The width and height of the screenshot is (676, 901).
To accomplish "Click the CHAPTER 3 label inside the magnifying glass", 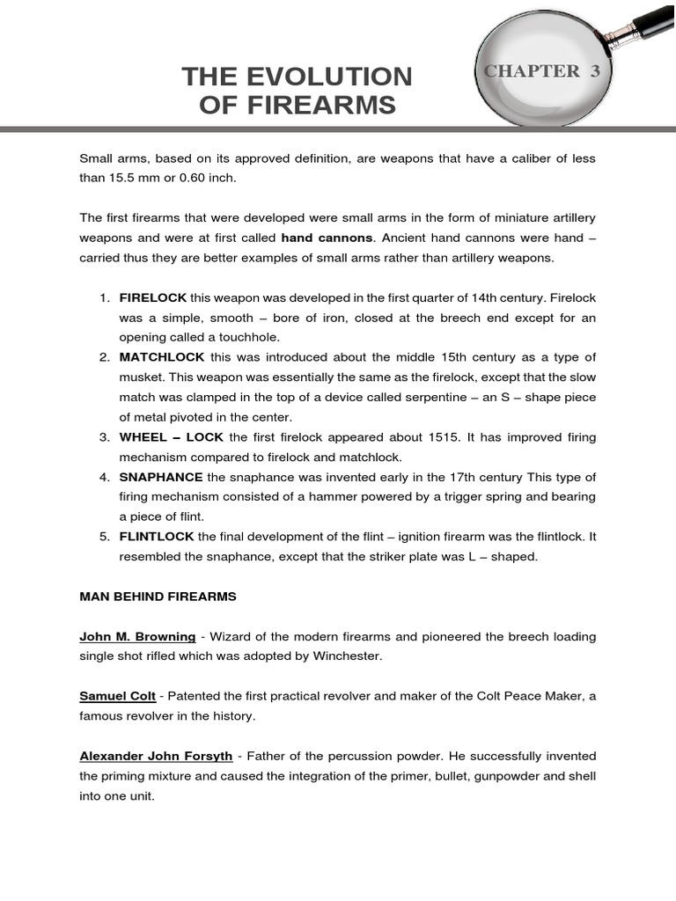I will (x=541, y=72).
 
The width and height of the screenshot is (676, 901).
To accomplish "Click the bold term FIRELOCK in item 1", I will (x=152, y=297).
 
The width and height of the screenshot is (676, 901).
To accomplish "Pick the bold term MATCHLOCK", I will (x=162, y=356).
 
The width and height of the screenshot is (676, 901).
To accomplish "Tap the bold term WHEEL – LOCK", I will (x=173, y=437).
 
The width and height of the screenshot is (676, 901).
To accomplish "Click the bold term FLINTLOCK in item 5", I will (x=158, y=536).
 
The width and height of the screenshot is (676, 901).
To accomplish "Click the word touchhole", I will (x=251, y=337).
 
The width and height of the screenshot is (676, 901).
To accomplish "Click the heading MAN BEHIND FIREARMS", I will (x=158, y=597).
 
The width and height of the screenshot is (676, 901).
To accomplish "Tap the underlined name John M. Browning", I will (x=137, y=636).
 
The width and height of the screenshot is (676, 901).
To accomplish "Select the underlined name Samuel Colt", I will (x=118, y=696).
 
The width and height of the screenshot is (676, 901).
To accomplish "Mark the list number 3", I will (x=103, y=437).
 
